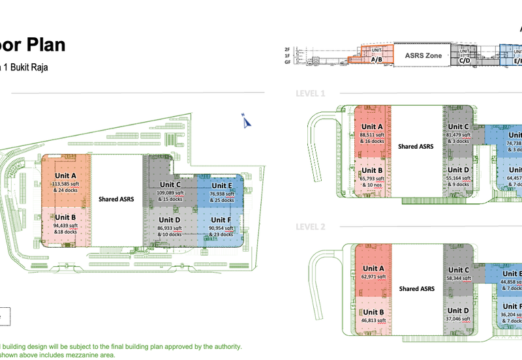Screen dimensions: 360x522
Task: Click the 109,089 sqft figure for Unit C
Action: coord(170,193)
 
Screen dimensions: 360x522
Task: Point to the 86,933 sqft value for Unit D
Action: coord(170,228)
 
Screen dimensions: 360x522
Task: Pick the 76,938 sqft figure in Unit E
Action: coord(222,194)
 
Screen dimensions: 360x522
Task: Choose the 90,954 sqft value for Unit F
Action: coord(222,228)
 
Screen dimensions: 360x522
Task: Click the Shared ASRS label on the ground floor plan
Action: coord(116,198)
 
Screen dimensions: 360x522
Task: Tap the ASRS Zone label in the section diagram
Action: coord(423,56)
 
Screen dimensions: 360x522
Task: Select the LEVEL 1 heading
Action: coord(310,93)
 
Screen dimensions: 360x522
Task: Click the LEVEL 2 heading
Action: coord(310,227)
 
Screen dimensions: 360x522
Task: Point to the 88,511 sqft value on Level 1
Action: coord(372,135)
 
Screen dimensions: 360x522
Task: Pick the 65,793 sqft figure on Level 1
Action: coord(372,178)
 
